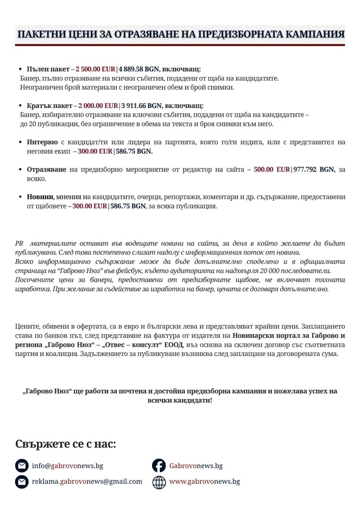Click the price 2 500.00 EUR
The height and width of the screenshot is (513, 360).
(95, 69)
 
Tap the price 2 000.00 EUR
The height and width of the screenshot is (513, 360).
(98, 105)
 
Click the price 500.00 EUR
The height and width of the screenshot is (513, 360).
(271, 169)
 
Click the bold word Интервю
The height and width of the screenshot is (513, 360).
(42, 142)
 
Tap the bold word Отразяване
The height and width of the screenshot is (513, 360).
(47, 169)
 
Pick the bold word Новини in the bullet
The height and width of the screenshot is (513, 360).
(40, 197)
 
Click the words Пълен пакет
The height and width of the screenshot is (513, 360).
(48, 69)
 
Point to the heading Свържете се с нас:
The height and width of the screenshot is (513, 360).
(65, 444)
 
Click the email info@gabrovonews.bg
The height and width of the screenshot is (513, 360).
(67, 466)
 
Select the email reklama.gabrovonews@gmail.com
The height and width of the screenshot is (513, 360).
(87, 481)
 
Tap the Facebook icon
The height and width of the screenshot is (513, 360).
(159, 466)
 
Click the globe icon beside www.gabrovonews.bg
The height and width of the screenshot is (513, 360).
(159, 482)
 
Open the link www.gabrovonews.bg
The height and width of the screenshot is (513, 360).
(204, 481)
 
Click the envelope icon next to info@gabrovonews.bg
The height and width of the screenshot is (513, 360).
(22, 466)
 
